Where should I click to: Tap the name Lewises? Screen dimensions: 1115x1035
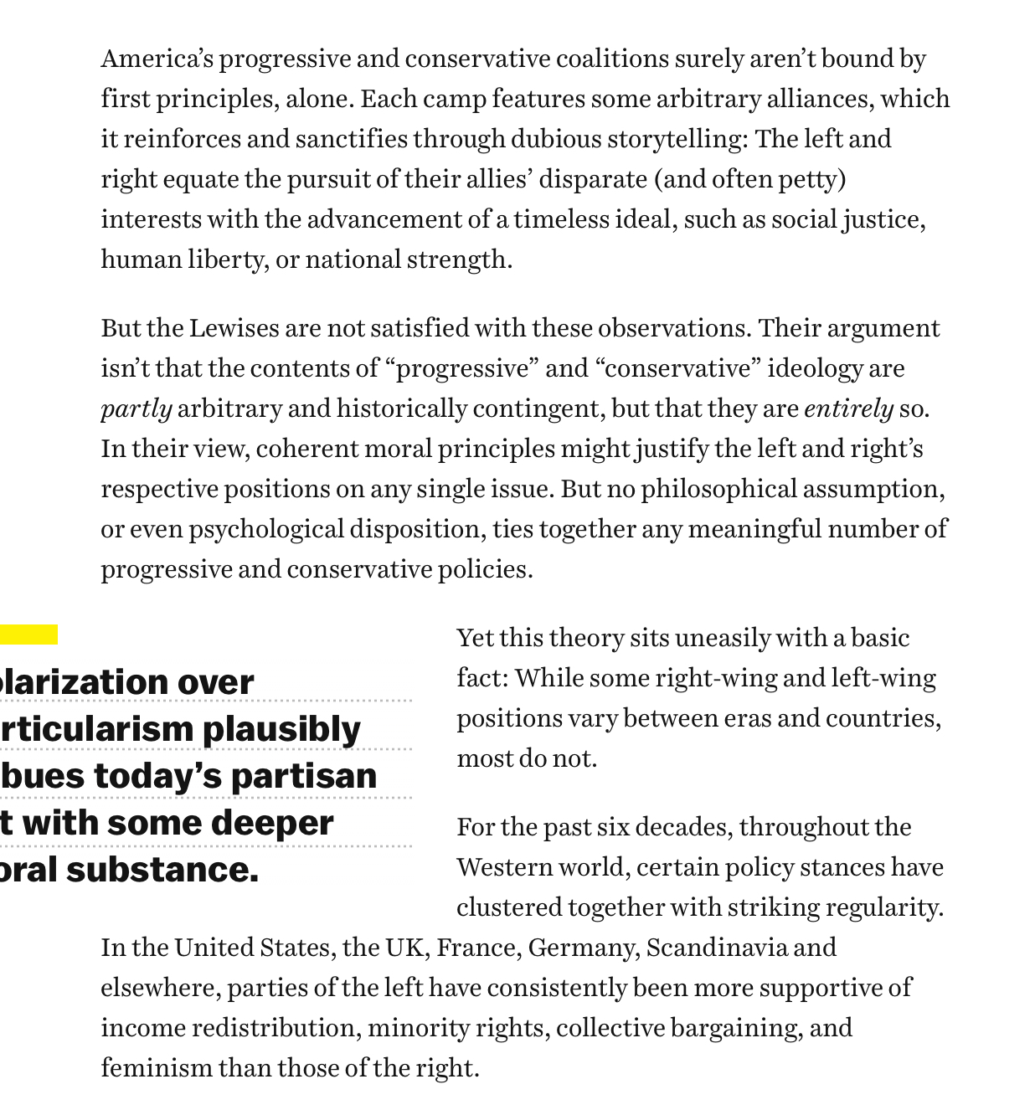point(234,328)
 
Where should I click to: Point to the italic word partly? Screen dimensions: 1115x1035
point(136,408)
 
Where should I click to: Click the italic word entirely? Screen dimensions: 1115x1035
point(848,408)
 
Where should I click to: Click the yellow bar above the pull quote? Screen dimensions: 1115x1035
point(28,635)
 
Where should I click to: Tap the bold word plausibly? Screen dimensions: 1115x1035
point(281,729)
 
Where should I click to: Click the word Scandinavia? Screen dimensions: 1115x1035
point(716,948)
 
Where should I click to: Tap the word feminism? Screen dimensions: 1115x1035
point(156,1068)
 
